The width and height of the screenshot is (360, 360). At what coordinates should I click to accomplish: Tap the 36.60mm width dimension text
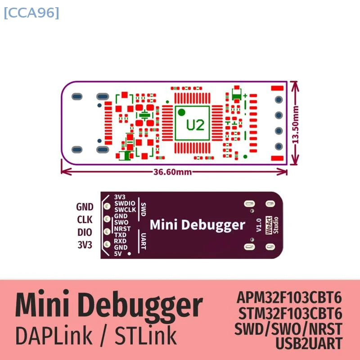click(x=173, y=171)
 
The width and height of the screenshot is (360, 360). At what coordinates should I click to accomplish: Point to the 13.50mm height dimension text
click(x=296, y=124)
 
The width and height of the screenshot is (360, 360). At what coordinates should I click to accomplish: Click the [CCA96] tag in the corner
click(x=31, y=13)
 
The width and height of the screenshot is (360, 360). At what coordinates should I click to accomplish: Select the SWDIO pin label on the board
click(x=124, y=203)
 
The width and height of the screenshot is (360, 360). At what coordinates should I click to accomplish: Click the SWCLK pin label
click(x=125, y=210)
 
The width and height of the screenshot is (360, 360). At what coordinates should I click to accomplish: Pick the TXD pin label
click(x=120, y=235)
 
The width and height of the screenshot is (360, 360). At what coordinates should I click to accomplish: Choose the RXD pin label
click(x=120, y=241)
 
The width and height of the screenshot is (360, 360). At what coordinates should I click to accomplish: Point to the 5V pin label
click(x=118, y=254)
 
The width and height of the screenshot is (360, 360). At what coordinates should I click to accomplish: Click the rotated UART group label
click(x=143, y=241)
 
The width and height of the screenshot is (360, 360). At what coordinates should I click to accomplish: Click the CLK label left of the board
click(x=85, y=220)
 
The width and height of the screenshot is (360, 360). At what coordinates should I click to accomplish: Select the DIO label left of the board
click(x=85, y=232)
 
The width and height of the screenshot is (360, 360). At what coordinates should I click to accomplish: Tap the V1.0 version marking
click(x=258, y=225)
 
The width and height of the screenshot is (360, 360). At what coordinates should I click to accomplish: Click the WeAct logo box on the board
click(x=269, y=225)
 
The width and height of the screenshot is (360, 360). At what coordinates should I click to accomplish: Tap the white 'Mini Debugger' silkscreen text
click(x=197, y=225)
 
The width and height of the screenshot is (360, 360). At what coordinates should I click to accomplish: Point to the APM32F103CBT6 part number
click(x=289, y=297)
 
